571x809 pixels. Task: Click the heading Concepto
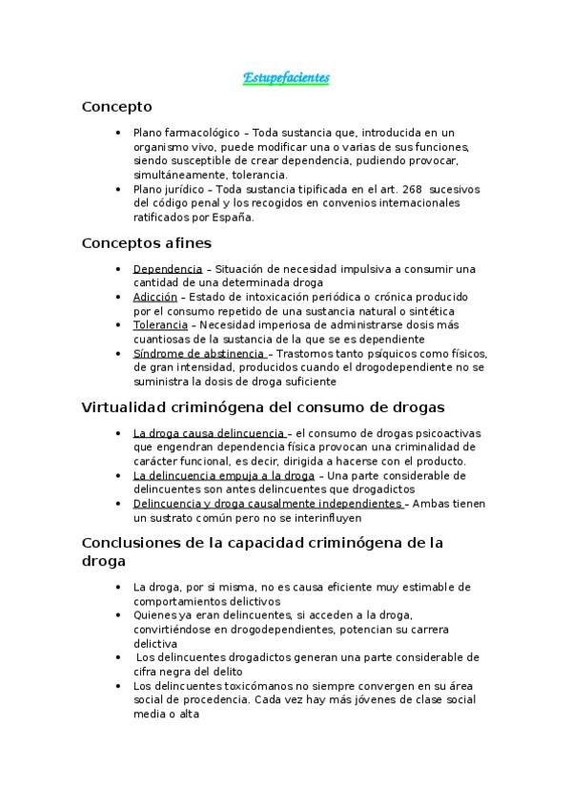[116, 107]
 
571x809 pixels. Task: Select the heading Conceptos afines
[147, 243]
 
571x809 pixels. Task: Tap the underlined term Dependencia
[168, 269]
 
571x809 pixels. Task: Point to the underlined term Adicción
[155, 297]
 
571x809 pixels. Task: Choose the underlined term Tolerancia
[160, 325]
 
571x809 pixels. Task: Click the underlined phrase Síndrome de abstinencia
[198, 353]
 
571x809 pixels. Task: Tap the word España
[235, 217]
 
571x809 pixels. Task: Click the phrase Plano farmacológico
[187, 132]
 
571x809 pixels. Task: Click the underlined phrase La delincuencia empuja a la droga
[224, 474]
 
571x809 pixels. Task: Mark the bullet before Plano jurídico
[116, 189]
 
